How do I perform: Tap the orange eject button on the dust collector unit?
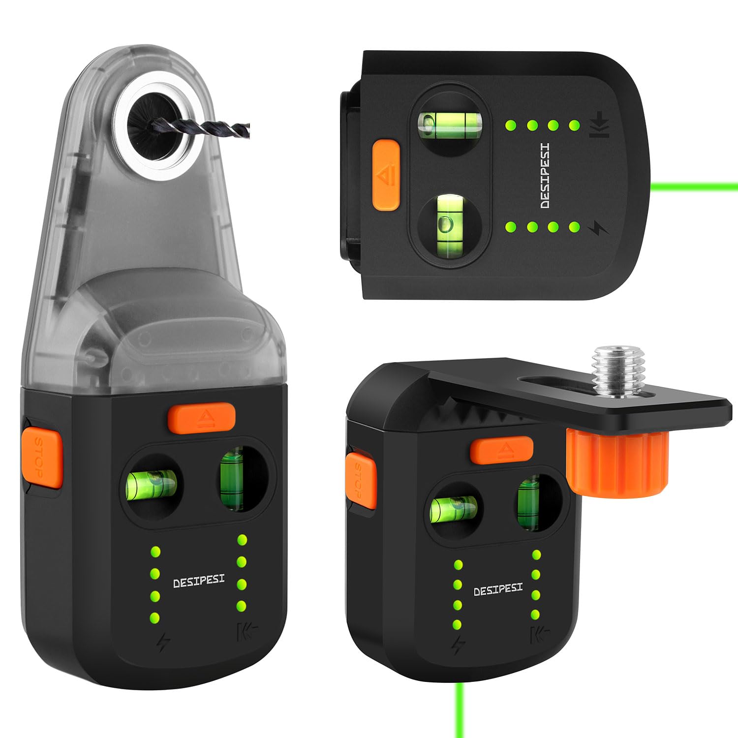click(201, 418)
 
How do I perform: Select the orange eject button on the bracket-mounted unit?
click(501, 450)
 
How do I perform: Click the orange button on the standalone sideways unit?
click(386, 175)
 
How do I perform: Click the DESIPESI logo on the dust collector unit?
click(199, 581)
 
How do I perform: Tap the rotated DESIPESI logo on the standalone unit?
click(545, 176)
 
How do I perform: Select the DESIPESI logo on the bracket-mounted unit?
click(498, 589)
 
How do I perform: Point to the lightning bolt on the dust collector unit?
click(163, 642)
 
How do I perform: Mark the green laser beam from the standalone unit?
click(699, 186)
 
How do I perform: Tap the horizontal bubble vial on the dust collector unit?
click(152, 485)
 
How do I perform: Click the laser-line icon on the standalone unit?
click(599, 125)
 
